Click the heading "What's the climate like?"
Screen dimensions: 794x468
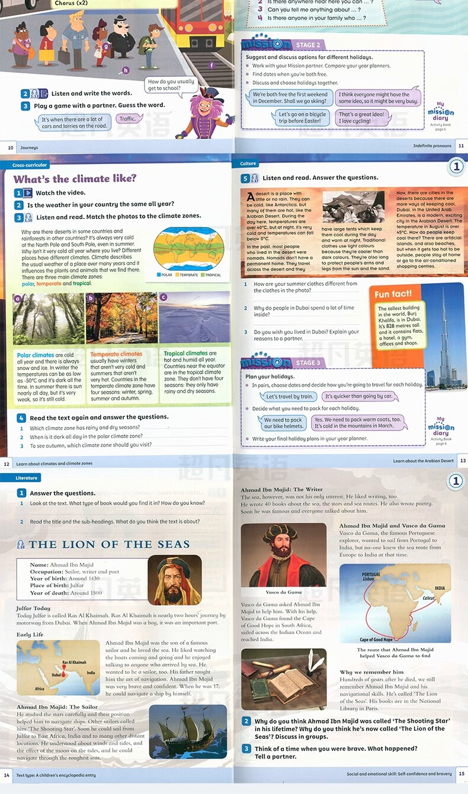pos(75,179)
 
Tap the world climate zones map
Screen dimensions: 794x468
pos(188,248)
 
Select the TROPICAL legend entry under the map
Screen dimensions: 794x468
pos(212,275)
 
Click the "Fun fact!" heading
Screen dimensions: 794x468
pos(393,294)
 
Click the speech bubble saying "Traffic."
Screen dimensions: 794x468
pos(127,119)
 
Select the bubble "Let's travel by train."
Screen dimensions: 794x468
pos(290,397)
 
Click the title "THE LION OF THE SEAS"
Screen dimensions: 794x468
pos(109,545)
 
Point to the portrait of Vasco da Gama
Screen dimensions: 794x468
pos(283,555)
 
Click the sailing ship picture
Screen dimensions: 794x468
pos(187,732)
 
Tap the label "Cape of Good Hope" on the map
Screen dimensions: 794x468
pos(376,639)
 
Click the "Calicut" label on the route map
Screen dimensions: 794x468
pos(428,599)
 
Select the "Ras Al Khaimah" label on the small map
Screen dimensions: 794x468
pos(74,663)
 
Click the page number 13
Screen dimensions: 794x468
pos(462,461)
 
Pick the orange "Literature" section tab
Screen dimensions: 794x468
pos(26,478)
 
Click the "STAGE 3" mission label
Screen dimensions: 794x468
pos(308,363)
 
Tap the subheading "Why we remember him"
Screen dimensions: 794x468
pos(371,672)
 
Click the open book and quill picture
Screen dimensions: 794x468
pos(283,679)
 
